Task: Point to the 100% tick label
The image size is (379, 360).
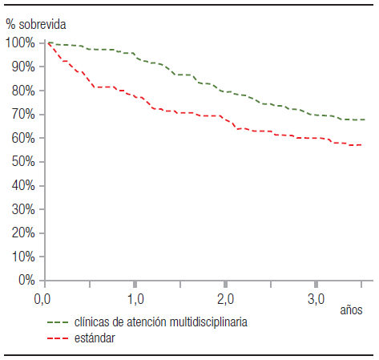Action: click(x=20, y=42)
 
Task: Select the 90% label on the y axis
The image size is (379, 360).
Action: click(x=22, y=67)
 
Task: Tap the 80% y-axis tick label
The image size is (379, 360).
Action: click(x=22, y=91)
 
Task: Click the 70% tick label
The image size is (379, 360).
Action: click(x=22, y=115)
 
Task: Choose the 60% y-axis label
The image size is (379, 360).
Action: click(x=22, y=138)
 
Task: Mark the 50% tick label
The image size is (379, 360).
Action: click(x=22, y=162)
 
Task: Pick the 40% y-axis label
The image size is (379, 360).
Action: click(x=22, y=186)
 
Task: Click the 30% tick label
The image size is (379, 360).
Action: click(x=22, y=209)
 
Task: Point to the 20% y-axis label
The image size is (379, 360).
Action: click(x=22, y=233)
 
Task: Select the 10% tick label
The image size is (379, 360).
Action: click(x=22, y=257)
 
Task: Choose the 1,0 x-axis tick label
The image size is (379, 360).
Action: click(x=135, y=300)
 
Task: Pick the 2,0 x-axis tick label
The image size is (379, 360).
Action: click(x=225, y=300)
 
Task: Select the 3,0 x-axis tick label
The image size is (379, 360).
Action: click(x=316, y=300)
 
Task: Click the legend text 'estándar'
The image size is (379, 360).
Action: click(x=94, y=338)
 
